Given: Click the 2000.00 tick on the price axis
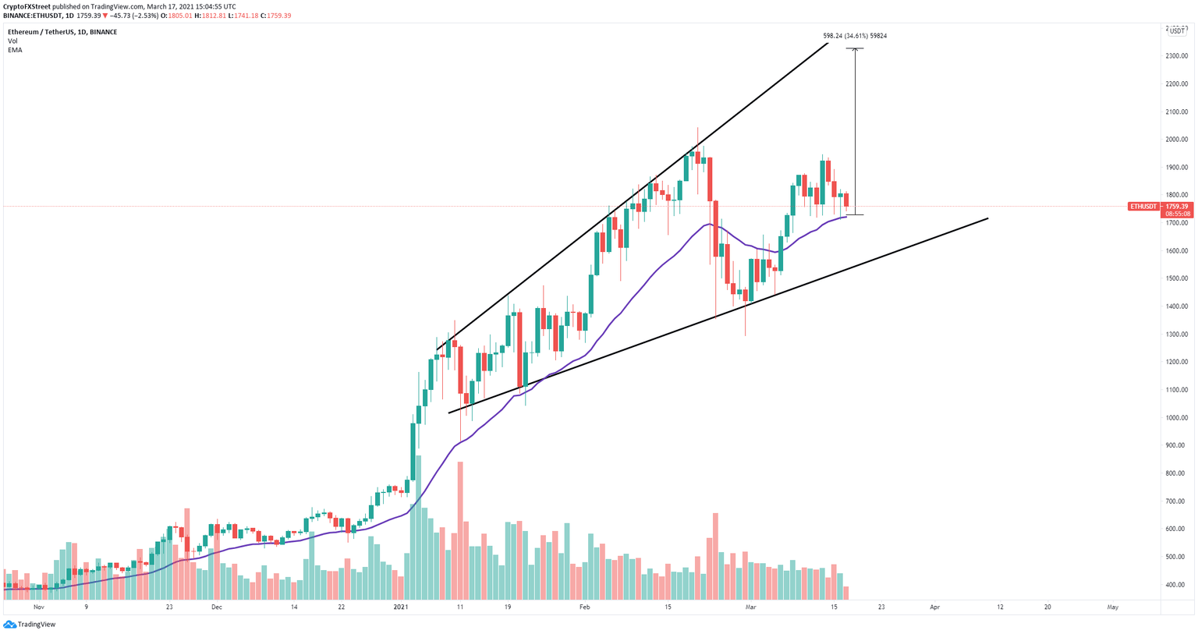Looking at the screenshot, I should tap(1177, 140).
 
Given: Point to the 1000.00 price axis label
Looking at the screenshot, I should tap(1177, 418).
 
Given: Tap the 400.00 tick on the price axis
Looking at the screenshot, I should tap(1177, 585).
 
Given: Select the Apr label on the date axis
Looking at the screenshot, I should tap(934, 607).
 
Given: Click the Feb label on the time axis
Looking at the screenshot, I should tap(584, 607).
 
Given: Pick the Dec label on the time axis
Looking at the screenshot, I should tap(216, 607).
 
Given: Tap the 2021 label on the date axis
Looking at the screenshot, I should tap(400, 607).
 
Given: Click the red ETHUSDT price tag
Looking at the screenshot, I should tap(1143, 207).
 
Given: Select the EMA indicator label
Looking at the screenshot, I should tap(15, 50).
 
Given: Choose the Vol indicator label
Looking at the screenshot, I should tap(12, 41).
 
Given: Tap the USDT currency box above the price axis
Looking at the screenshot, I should tap(1176, 31).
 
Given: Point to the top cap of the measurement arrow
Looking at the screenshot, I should tap(855, 49).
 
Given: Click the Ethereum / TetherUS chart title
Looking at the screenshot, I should tap(45, 32).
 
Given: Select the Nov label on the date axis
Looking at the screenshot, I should tap(39, 607).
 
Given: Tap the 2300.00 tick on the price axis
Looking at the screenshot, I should tap(1177, 56).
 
